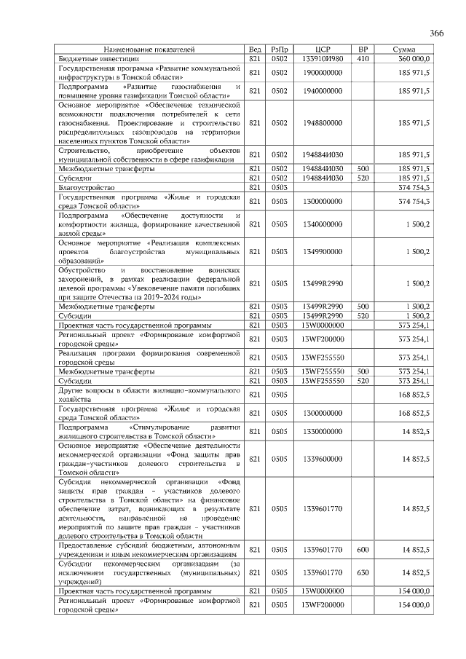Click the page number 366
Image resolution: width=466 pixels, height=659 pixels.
coord(437,33)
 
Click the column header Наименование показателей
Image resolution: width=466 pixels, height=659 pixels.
coord(151,49)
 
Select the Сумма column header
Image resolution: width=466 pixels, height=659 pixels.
coord(410,49)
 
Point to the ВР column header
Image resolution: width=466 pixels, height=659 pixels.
coord(363,49)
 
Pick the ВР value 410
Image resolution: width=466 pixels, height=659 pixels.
coord(363,58)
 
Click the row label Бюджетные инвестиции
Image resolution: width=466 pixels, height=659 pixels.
coord(99,58)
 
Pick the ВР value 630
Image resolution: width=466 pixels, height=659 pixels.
coord(363,573)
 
